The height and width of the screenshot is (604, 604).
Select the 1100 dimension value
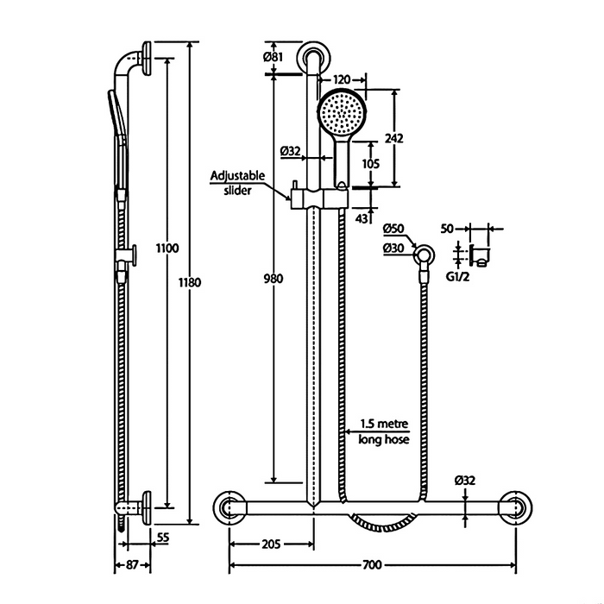click(x=167, y=249)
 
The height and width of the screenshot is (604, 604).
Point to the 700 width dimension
click(x=371, y=565)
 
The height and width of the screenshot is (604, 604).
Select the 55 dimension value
click(x=161, y=537)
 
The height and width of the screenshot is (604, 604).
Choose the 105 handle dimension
click(x=370, y=164)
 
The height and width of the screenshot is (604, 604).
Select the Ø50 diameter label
click(x=394, y=228)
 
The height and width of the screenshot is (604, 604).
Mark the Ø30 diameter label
click(x=394, y=248)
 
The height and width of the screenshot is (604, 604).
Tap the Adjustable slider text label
click(x=239, y=183)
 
